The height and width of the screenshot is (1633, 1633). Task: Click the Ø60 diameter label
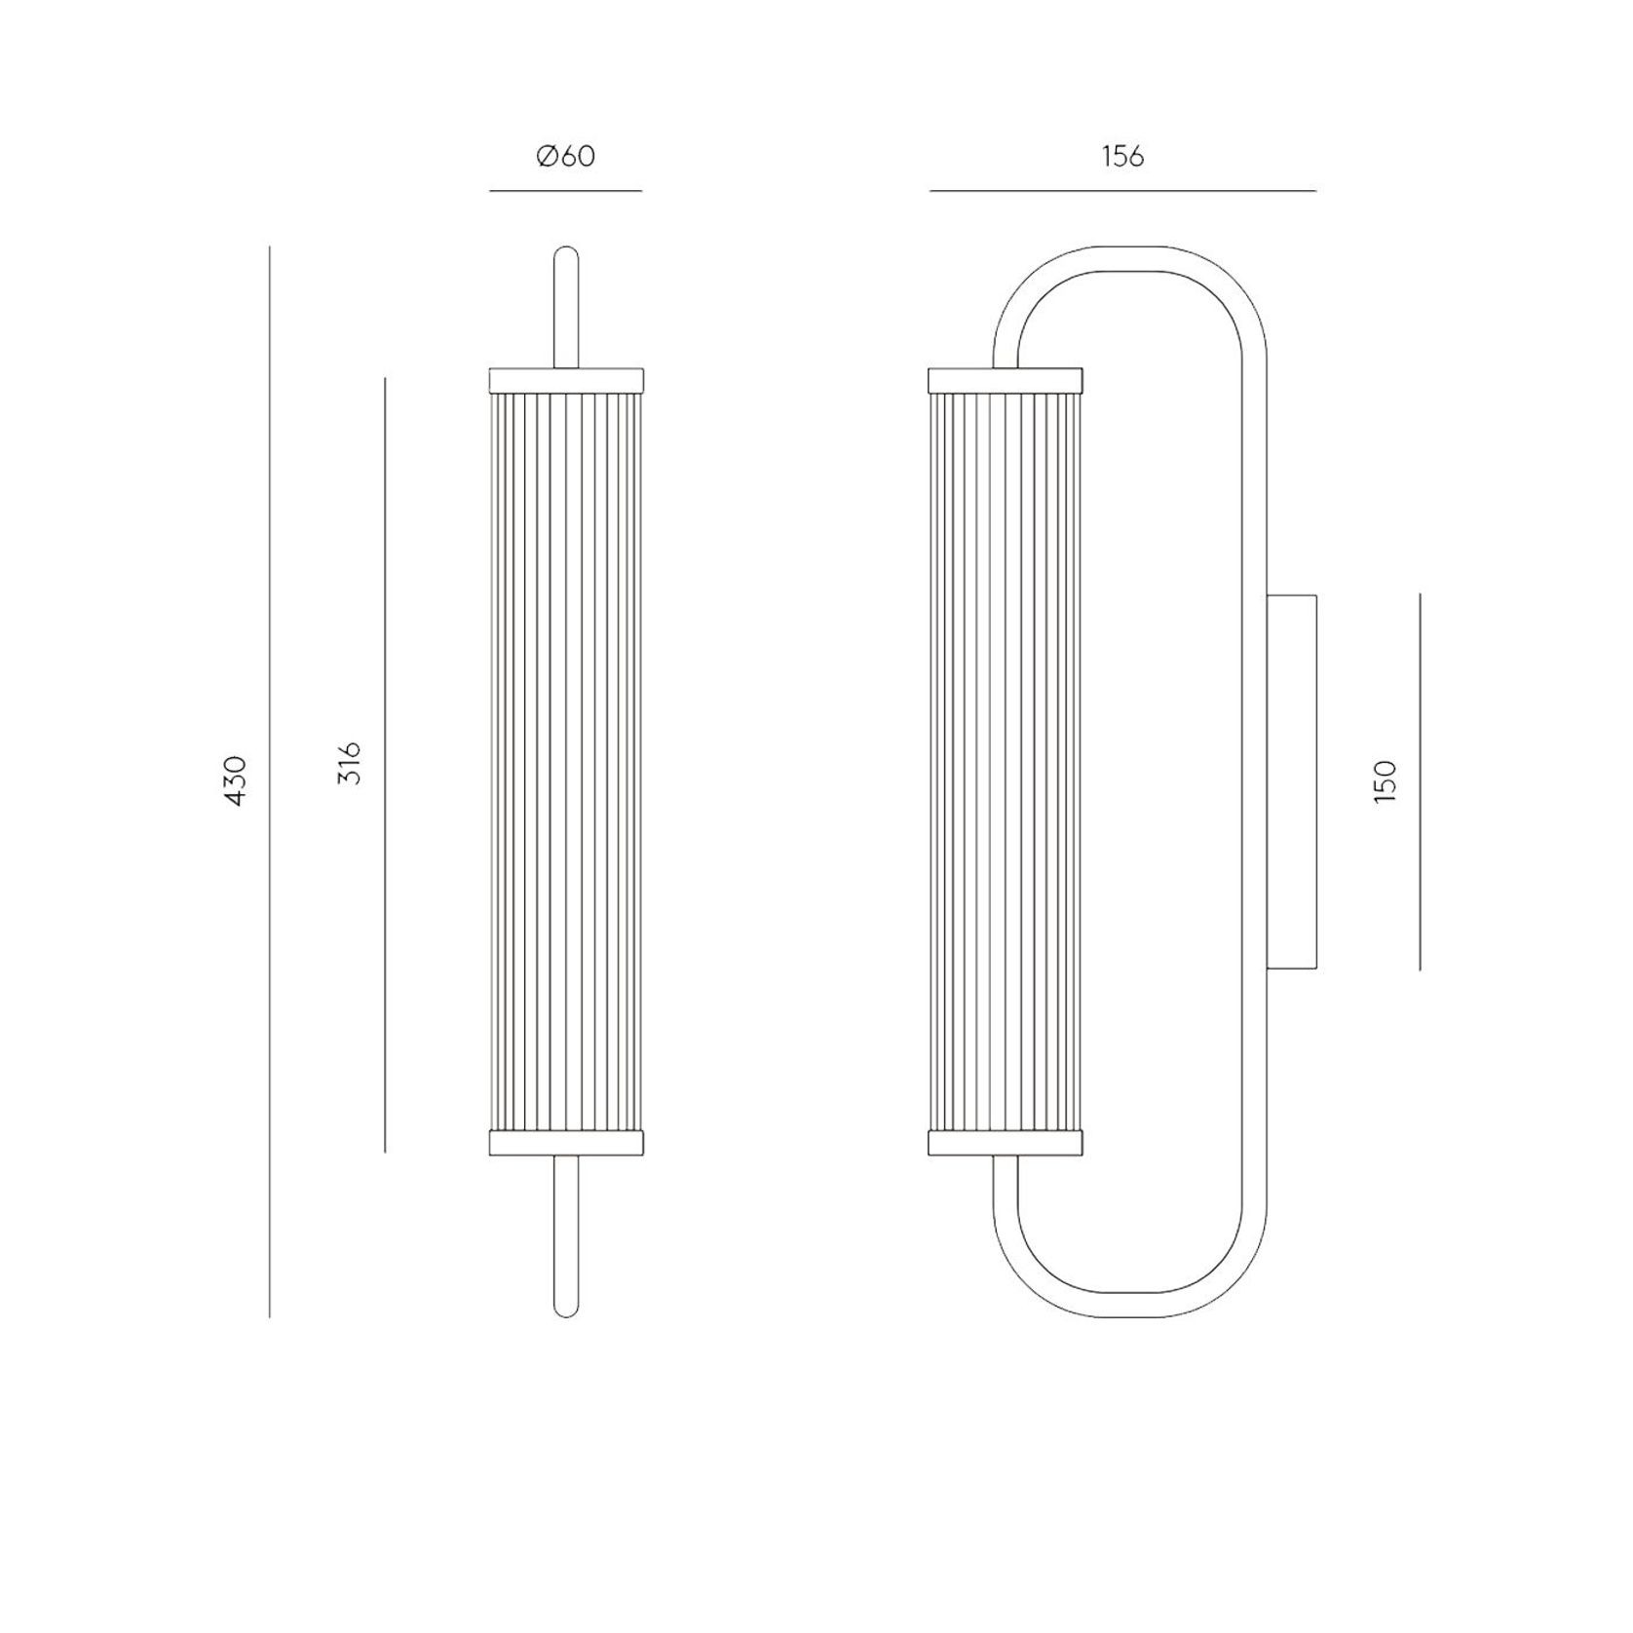click(565, 156)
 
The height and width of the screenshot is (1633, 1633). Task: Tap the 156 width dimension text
click(1122, 156)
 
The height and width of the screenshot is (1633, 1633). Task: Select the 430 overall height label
click(237, 779)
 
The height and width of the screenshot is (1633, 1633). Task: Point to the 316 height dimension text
click(351, 764)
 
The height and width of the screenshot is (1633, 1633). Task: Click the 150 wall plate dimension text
click(1385, 780)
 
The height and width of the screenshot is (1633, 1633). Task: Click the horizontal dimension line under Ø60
click(565, 191)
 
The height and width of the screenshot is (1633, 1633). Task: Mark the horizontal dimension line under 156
click(1122, 191)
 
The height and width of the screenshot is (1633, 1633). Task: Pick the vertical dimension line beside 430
click(269, 779)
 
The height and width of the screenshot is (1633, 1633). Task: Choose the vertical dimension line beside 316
click(385, 764)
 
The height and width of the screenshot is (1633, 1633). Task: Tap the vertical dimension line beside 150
click(1420, 780)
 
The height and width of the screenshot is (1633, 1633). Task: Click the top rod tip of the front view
click(565, 255)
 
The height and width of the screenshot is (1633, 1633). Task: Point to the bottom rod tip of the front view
click(565, 1308)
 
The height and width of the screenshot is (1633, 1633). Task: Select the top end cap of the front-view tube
click(565, 379)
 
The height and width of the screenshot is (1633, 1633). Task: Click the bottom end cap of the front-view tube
click(565, 1143)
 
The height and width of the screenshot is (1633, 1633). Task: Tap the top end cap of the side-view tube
click(1006, 379)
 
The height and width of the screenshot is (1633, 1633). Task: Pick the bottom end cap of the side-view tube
click(1006, 1143)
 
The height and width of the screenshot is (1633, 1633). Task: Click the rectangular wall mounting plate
click(1292, 780)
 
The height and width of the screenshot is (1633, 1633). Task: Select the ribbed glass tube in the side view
click(1006, 760)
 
